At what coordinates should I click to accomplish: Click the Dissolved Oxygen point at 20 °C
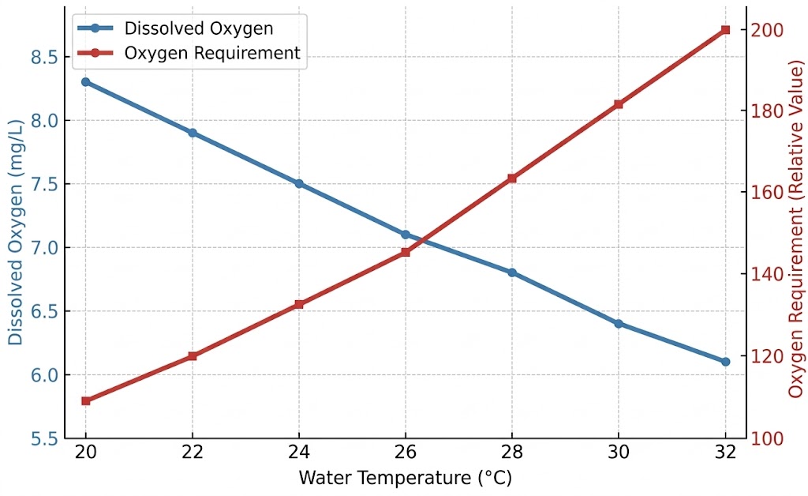pos(85,82)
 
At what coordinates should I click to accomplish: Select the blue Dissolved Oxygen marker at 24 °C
pos(299,183)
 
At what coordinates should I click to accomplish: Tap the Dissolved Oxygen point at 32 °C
pos(725,362)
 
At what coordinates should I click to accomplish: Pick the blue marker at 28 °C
pos(512,272)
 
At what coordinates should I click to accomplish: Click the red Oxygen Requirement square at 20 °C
pos(85,401)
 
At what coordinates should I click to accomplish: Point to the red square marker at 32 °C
pos(725,30)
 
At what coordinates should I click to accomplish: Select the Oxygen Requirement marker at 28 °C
pos(512,178)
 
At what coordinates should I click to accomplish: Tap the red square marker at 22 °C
pos(193,356)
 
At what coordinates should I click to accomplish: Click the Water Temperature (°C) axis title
pos(406,478)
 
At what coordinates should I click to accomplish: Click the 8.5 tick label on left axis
pos(43,57)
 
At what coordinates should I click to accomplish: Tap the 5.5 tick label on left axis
pos(43,438)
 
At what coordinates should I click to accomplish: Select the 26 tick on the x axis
pos(406,453)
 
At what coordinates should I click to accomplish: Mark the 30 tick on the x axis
pos(619,453)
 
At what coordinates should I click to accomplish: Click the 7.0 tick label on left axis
pos(43,248)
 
